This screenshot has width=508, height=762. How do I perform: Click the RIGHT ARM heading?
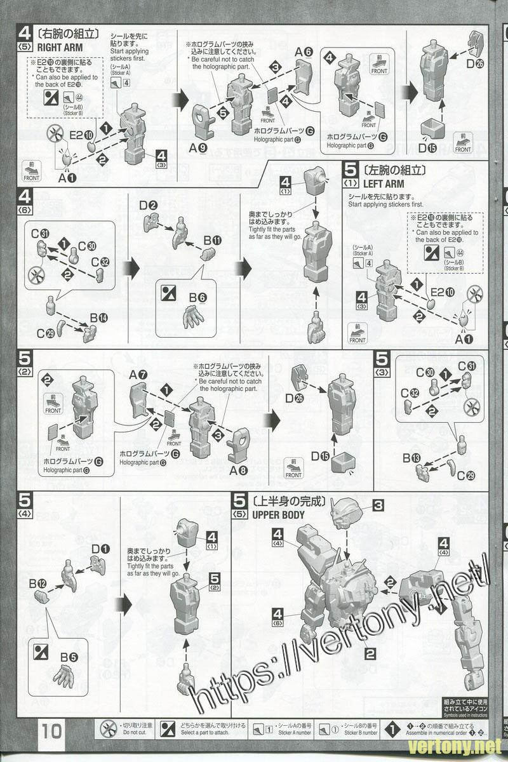(60, 46)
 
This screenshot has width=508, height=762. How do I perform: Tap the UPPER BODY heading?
(278, 514)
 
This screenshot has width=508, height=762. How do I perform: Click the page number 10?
(52, 731)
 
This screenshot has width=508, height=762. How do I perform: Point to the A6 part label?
(304, 53)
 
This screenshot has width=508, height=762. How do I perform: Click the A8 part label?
(238, 471)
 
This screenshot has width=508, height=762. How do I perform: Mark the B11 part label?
(212, 240)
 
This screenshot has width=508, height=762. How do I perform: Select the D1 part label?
(100, 549)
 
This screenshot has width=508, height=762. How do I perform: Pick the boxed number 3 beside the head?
(378, 505)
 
